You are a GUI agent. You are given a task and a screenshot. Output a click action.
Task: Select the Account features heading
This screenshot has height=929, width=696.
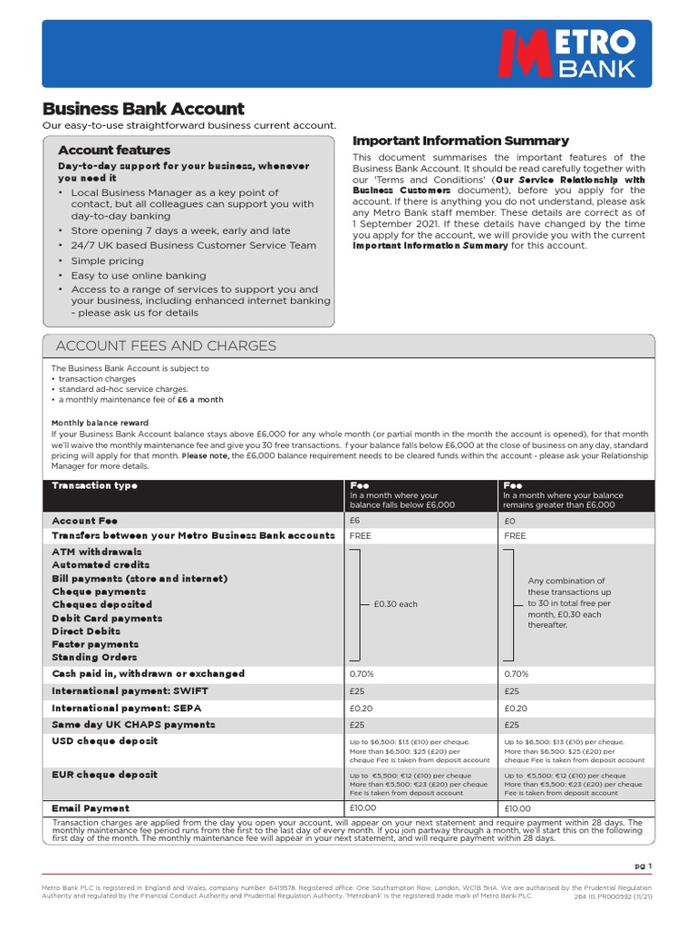point(114,150)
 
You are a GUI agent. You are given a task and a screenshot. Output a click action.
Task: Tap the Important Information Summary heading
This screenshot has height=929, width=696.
point(460,141)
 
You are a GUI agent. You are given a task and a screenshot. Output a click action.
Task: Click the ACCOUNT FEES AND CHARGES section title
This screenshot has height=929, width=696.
point(166,346)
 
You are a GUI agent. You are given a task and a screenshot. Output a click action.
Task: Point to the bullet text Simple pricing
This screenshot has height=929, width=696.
point(107,260)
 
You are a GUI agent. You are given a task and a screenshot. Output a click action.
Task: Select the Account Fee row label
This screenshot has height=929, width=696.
point(85,521)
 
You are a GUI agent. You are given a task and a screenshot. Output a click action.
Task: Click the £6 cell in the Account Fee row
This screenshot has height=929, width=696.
point(355,522)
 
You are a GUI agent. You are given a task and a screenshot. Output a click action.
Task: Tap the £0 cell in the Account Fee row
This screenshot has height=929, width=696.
point(508,522)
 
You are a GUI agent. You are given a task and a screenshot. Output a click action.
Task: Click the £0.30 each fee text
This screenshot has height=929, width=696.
point(395,604)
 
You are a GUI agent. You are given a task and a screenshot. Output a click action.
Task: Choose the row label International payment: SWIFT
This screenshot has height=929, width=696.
point(142,691)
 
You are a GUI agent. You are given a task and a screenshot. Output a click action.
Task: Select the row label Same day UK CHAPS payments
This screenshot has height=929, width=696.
point(133,725)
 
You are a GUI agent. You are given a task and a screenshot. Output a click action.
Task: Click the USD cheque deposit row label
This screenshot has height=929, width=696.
point(104,741)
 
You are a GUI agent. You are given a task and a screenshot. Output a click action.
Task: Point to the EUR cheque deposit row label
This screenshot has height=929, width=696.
point(104,775)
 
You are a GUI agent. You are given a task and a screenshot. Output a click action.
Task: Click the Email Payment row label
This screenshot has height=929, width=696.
point(91,807)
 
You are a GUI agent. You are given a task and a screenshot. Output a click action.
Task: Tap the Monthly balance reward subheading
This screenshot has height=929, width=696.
point(100,423)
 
